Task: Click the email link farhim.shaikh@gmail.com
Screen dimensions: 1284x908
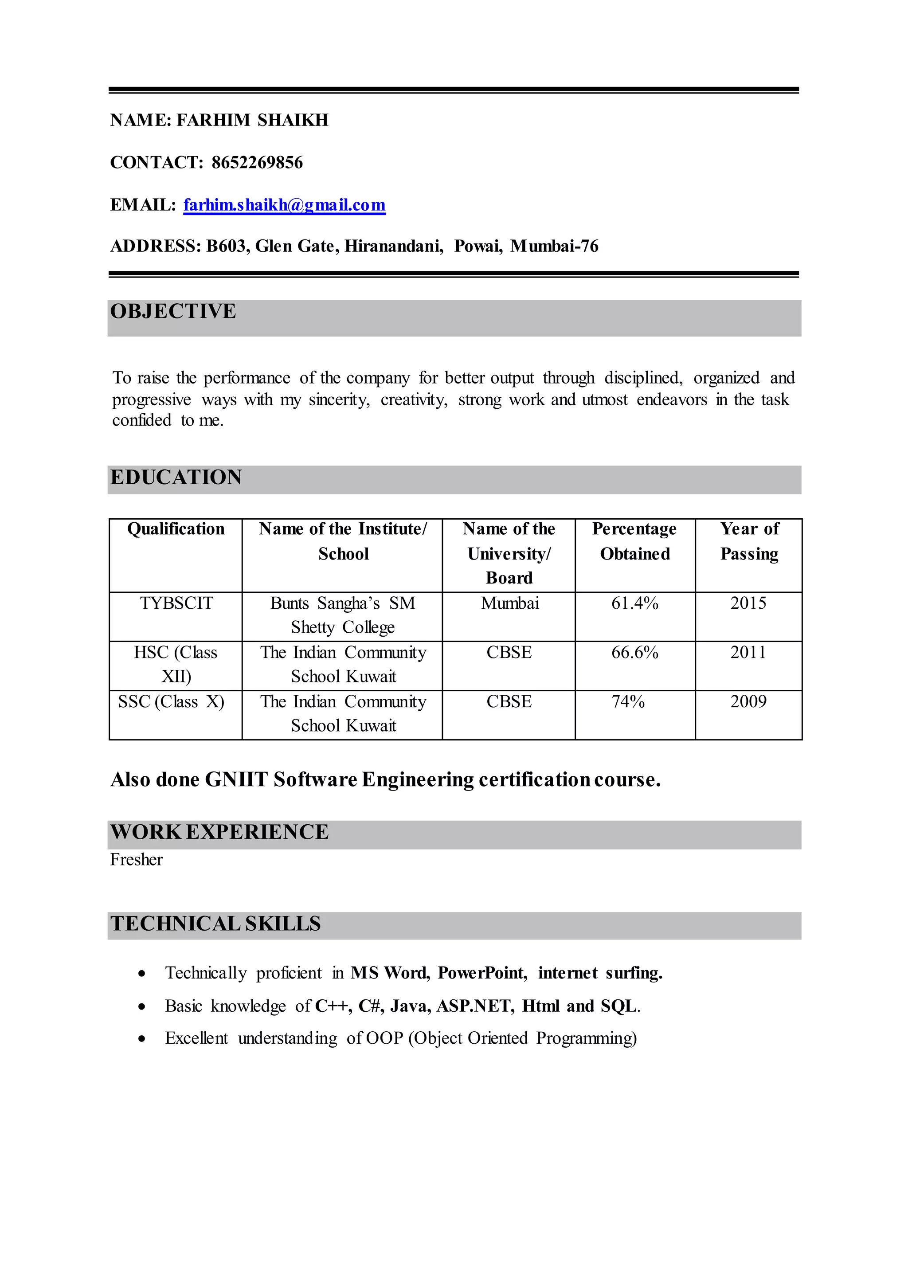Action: click(284, 205)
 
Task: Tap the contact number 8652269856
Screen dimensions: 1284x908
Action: click(257, 163)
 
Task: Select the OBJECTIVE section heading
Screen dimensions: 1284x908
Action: click(173, 312)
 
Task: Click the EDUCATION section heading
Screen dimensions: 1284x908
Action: click(176, 478)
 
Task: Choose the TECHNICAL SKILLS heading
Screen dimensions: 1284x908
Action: click(215, 924)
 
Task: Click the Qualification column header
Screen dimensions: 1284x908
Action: click(176, 529)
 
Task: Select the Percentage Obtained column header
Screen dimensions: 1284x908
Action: click(634, 541)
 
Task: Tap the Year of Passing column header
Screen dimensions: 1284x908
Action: click(749, 541)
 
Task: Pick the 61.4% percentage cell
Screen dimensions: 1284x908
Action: click(634, 603)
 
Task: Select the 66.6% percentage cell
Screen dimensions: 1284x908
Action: click(634, 653)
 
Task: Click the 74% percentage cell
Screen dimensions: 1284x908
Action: click(628, 702)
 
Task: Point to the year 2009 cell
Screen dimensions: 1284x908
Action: click(748, 702)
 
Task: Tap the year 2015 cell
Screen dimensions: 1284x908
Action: click(748, 603)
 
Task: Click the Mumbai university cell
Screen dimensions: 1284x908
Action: click(510, 603)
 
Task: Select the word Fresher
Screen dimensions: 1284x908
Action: click(137, 860)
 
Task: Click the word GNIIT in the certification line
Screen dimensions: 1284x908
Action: click(236, 779)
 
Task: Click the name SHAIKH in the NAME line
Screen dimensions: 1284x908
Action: click(293, 120)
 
